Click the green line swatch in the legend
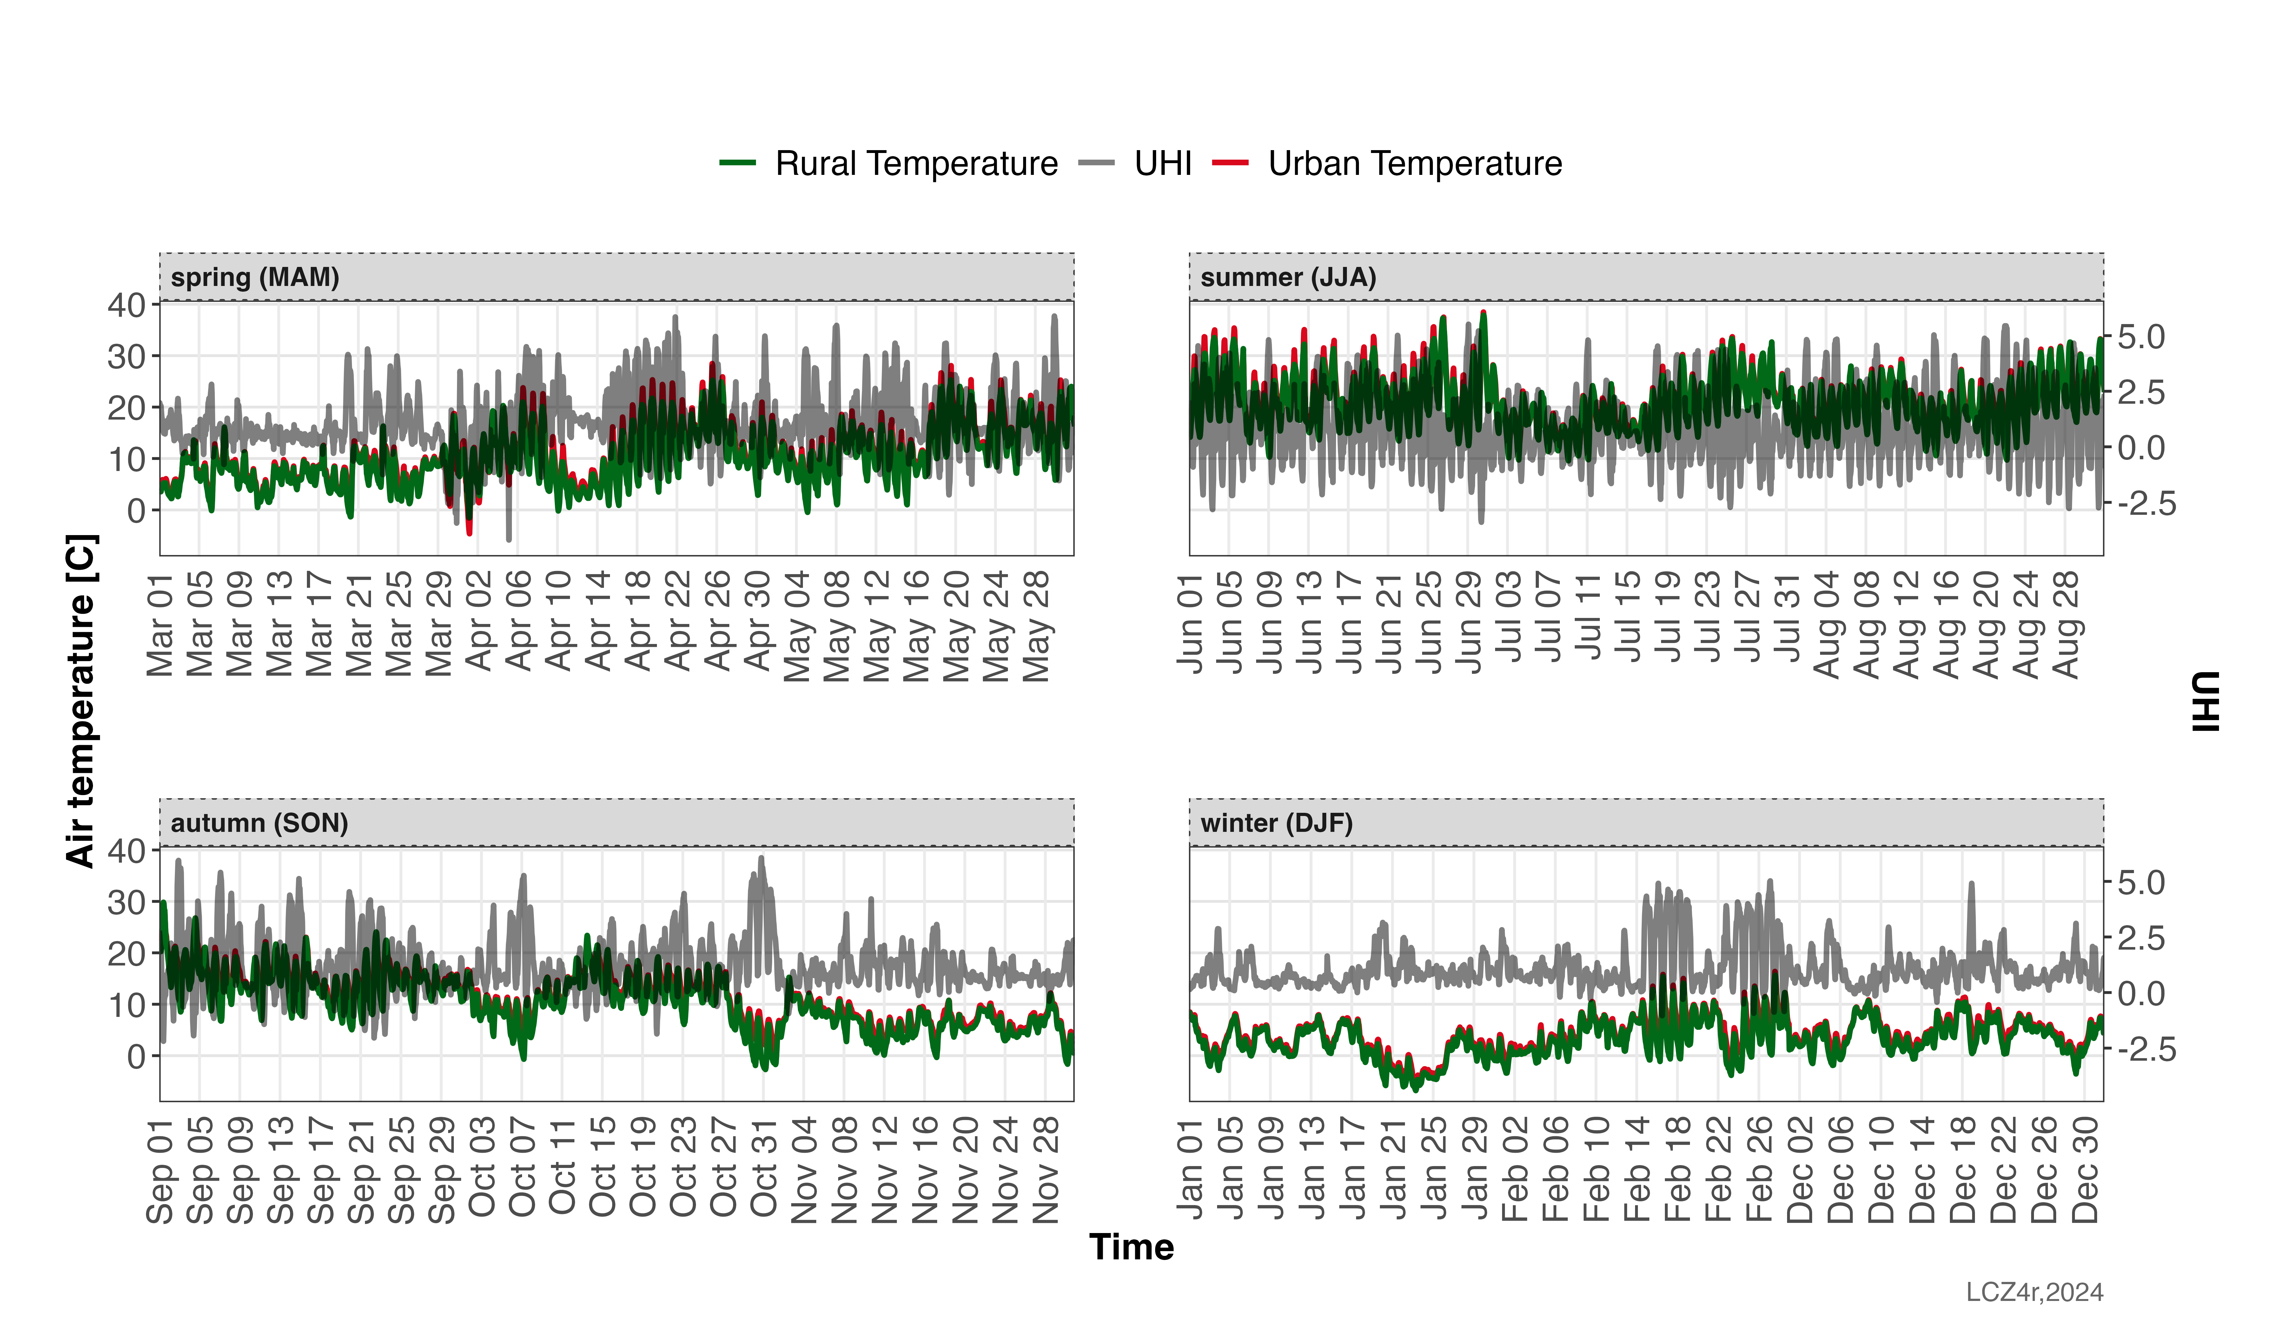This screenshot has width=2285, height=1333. tap(737, 162)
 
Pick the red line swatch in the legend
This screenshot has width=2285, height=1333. tap(1230, 162)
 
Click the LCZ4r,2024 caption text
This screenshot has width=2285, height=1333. tap(2034, 1292)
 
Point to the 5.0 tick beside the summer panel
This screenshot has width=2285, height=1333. tap(2141, 337)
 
